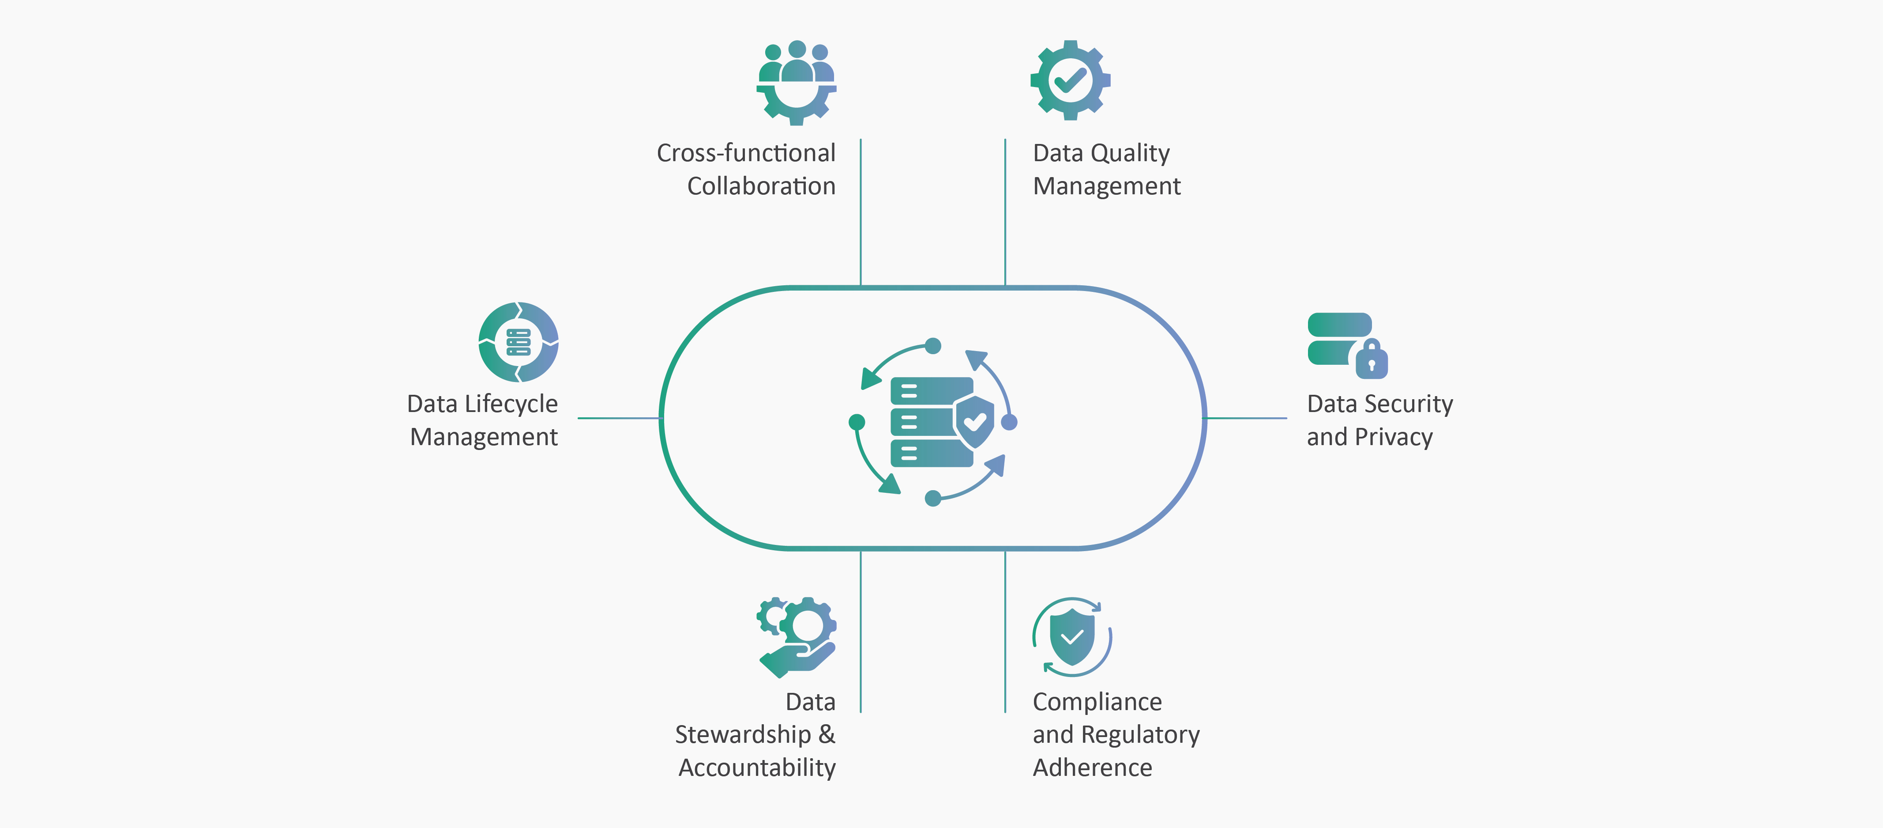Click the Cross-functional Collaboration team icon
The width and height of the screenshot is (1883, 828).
(x=796, y=82)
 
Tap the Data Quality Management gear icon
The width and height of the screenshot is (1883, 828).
(x=1070, y=80)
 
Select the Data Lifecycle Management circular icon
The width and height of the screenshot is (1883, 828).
(x=518, y=342)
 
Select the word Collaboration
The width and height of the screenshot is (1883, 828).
(x=761, y=186)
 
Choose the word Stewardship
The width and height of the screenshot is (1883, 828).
(x=743, y=734)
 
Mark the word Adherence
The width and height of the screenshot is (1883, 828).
(x=1092, y=768)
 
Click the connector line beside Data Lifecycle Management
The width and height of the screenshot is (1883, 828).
(x=618, y=418)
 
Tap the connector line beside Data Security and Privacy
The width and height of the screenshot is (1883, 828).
(x=1246, y=418)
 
